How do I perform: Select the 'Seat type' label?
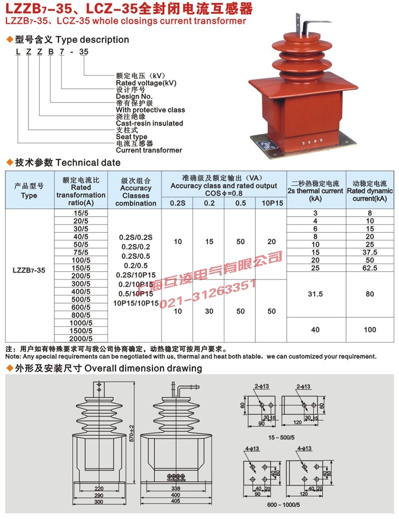(131, 137)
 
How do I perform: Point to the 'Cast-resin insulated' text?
(149, 123)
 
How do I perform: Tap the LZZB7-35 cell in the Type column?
(29, 270)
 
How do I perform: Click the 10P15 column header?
(271, 203)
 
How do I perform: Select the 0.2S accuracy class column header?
(177, 203)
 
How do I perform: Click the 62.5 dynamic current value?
(370, 268)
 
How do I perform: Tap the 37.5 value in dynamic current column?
(370, 253)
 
